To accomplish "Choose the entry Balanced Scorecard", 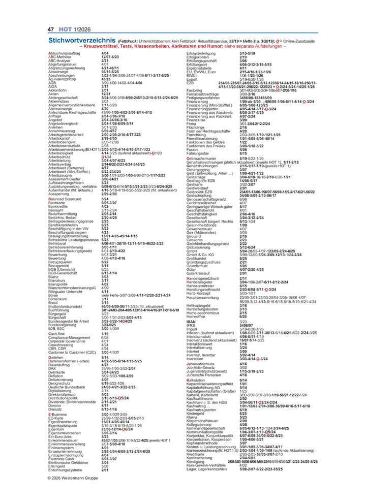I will (64, 199).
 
